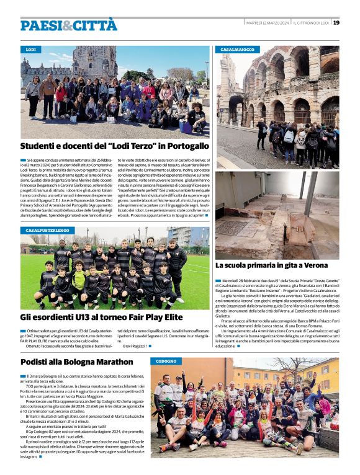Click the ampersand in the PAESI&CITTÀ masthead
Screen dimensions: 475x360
(x=68, y=25)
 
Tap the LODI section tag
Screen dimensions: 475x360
(x=30, y=49)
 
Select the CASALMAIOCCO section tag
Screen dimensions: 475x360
(x=238, y=49)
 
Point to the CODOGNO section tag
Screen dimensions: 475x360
(x=166, y=361)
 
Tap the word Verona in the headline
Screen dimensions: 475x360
(x=312, y=265)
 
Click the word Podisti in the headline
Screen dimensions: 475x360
(x=37, y=362)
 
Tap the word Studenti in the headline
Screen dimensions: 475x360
(x=42, y=146)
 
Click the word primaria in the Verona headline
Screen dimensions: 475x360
(x=260, y=265)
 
